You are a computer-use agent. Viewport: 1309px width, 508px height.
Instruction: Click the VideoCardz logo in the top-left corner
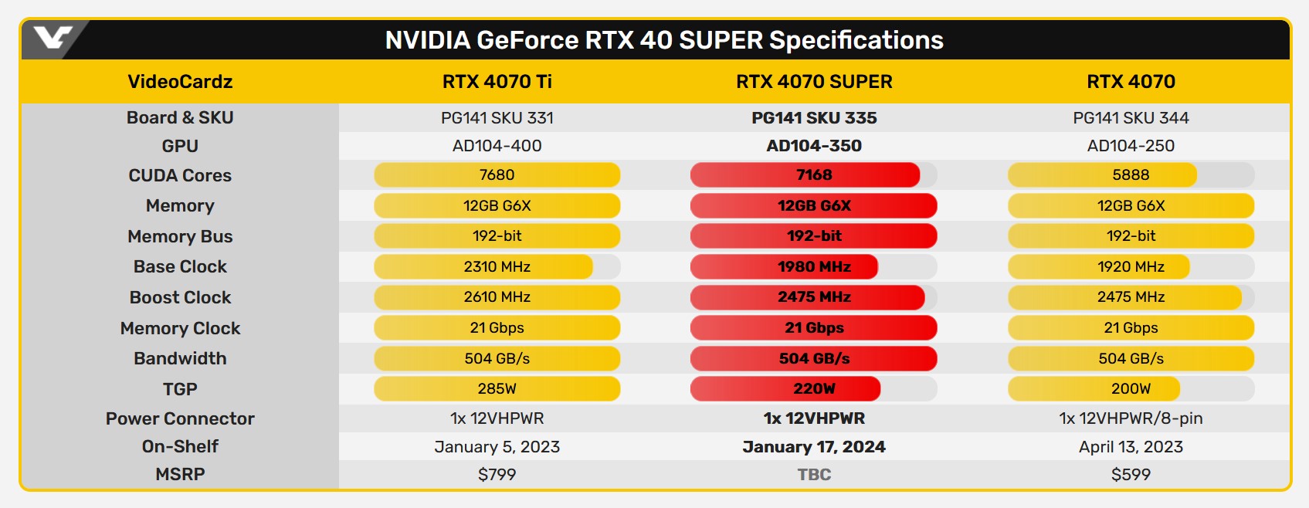(x=53, y=38)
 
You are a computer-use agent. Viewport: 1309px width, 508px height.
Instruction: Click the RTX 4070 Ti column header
(x=497, y=82)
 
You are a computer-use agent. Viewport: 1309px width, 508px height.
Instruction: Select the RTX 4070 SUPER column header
(x=814, y=82)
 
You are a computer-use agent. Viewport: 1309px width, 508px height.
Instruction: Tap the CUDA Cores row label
(x=180, y=175)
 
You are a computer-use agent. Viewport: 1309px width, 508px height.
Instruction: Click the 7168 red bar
(x=805, y=175)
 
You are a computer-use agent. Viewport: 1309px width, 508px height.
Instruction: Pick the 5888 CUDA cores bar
(x=1103, y=175)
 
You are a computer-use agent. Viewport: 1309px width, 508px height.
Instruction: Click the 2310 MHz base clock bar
(x=483, y=267)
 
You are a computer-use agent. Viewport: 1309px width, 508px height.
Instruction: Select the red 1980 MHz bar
(x=785, y=267)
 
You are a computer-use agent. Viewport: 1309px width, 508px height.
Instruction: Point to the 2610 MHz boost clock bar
(x=497, y=297)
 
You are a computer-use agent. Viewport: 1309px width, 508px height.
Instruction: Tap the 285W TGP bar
(x=497, y=389)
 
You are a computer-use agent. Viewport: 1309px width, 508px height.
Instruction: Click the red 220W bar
(x=785, y=389)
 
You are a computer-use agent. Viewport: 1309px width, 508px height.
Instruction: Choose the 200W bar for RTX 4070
(x=1094, y=389)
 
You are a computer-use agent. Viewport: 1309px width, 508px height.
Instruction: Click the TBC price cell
(x=814, y=475)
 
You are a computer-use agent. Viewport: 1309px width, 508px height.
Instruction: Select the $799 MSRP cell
(x=497, y=475)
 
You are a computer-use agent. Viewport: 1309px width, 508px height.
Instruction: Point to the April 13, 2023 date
(x=1131, y=447)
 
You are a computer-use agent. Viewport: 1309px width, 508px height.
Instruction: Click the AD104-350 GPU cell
(x=814, y=146)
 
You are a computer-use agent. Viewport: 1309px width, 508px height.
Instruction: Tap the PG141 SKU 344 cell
(x=1131, y=118)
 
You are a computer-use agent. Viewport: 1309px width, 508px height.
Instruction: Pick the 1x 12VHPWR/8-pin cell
(x=1131, y=418)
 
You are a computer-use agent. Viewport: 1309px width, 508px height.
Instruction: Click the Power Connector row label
(x=180, y=418)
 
